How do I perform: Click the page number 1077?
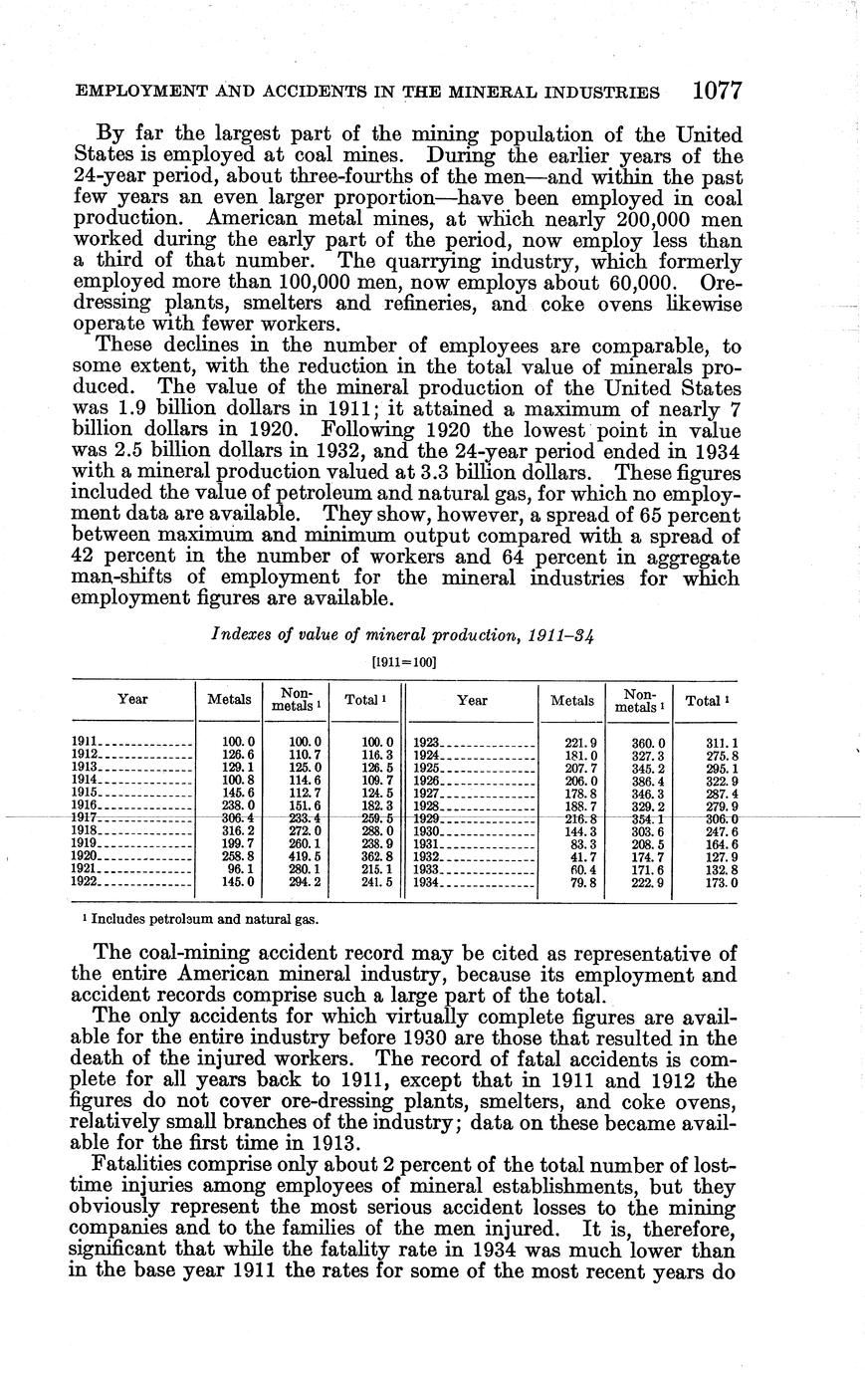tap(718, 92)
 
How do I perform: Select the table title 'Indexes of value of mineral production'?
tap(403, 634)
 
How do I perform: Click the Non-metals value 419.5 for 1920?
tap(305, 854)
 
